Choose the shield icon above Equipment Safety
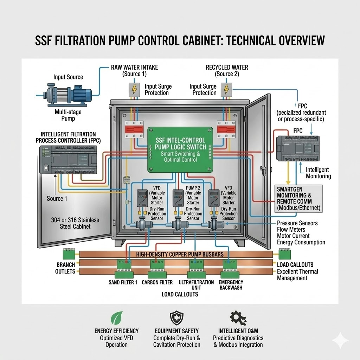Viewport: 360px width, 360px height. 176,318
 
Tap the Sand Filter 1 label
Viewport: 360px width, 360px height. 123,282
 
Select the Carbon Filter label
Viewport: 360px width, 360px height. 157,282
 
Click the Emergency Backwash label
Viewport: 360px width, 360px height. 231,285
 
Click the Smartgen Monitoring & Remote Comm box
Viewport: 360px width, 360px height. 299,198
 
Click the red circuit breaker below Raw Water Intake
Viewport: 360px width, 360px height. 134,130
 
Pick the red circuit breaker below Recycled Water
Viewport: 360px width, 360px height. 225,130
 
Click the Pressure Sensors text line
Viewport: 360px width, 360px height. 297,223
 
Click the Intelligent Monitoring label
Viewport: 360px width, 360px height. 318,173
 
